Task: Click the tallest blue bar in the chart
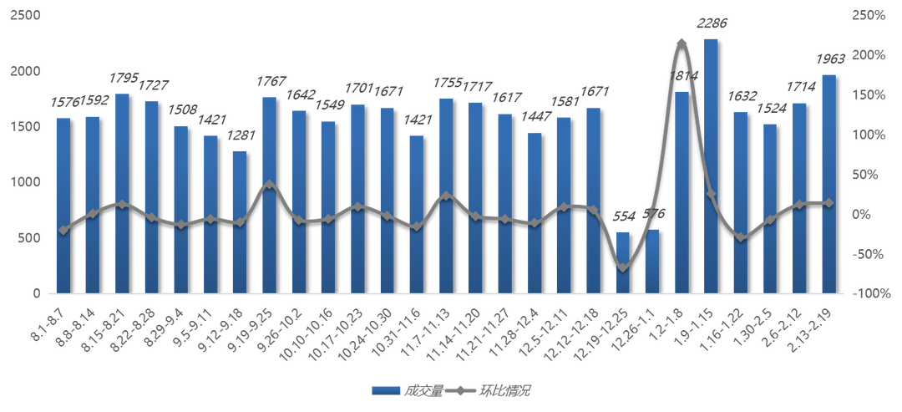point(711,167)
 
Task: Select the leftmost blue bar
point(63,205)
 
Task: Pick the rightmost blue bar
point(828,184)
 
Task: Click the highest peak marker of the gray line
point(682,40)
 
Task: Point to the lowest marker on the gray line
point(623,267)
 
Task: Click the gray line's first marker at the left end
point(63,230)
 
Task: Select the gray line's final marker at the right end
point(829,202)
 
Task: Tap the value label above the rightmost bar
point(831,59)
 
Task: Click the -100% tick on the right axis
point(872,293)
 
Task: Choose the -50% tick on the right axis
point(872,254)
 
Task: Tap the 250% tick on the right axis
point(872,16)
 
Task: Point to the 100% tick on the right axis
point(872,135)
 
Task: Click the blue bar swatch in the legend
point(386,389)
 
